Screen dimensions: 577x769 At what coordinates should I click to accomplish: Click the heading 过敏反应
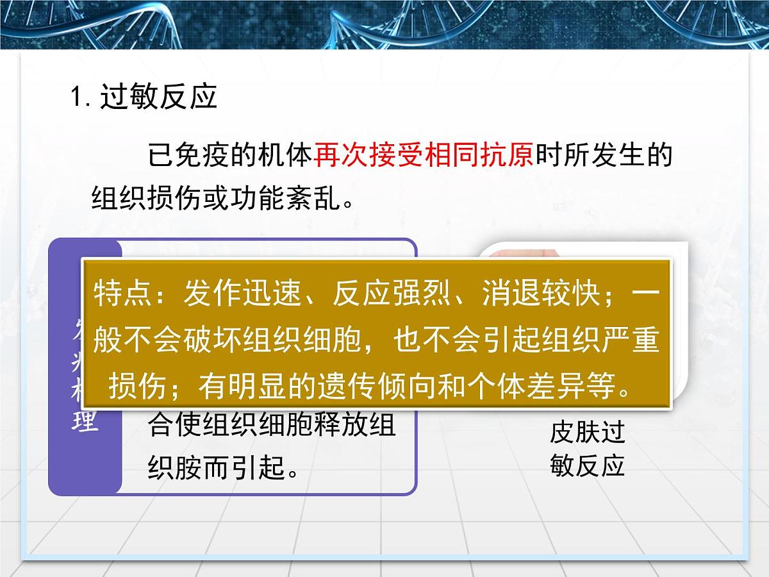click(159, 97)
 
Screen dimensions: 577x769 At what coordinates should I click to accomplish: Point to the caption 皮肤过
click(587, 433)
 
